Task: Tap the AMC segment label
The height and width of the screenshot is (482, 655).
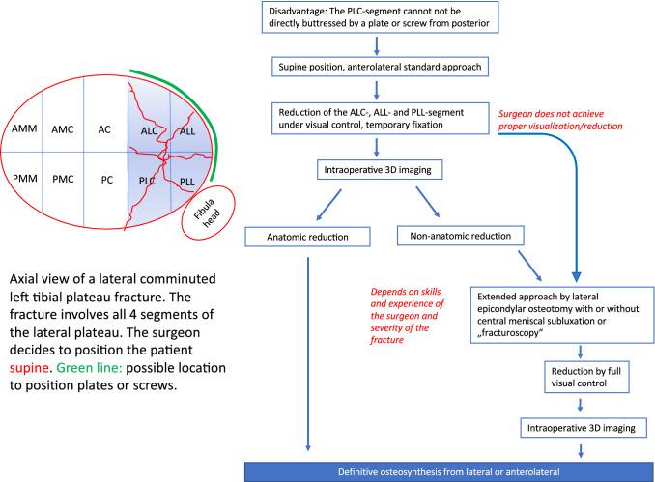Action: (63, 128)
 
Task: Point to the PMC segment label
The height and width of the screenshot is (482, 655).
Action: (63, 179)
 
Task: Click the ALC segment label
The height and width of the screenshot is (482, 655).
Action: (150, 128)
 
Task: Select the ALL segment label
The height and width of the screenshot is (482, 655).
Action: (188, 128)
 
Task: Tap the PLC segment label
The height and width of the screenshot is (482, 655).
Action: (149, 180)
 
